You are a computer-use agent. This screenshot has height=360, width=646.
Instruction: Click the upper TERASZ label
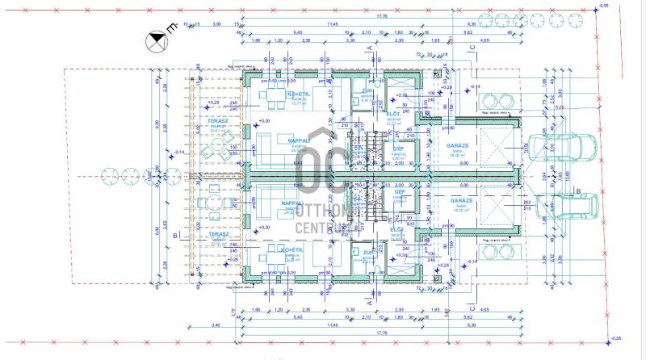point(217,120)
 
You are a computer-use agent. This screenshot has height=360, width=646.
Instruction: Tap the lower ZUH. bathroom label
point(367,253)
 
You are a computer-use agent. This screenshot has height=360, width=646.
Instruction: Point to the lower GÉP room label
point(399,192)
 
